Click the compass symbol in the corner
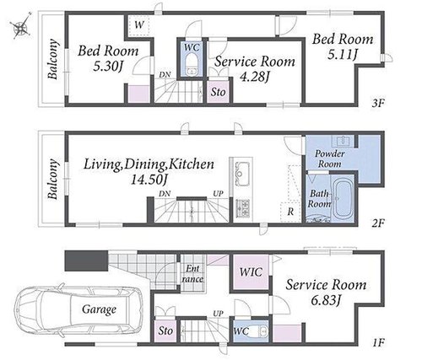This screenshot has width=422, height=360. coord(20,26)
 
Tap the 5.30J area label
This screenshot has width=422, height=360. coord(107,67)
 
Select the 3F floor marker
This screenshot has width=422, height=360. coord(377,104)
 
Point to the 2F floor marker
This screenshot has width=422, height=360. coord(377,223)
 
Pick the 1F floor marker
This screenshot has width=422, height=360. coord(378,342)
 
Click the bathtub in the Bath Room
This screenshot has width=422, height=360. coord(343,199)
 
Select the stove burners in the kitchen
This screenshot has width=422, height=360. coord(242,208)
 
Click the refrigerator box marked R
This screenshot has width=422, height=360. coord(290,212)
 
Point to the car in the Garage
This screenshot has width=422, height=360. coord(78,309)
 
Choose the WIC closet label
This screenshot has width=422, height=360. coord(251,272)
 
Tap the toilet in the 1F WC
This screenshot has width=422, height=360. coord(260,331)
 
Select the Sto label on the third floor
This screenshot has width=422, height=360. coord(219,92)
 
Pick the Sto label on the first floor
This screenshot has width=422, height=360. coord(165,330)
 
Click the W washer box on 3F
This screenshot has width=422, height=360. coord(139,25)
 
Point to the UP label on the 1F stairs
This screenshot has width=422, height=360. coord(218,314)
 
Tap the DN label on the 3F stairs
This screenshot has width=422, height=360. coord(165,75)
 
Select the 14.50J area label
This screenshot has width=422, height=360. coord(149,180)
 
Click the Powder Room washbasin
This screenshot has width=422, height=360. coord(343,141)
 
